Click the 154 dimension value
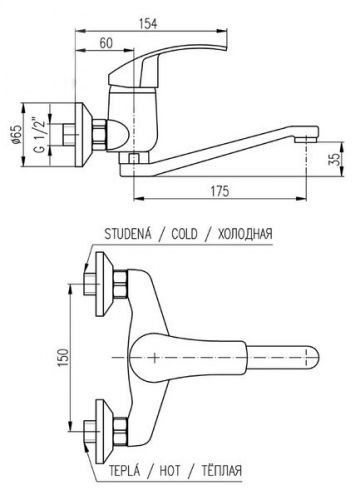click(x=148, y=24)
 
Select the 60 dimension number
click(x=106, y=43)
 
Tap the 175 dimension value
click(x=220, y=191)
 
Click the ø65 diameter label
click(x=16, y=134)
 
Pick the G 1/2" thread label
click(x=39, y=134)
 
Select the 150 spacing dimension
click(x=63, y=357)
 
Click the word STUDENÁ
click(x=128, y=234)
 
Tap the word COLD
click(x=184, y=234)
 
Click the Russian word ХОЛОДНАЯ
click(x=245, y=234)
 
